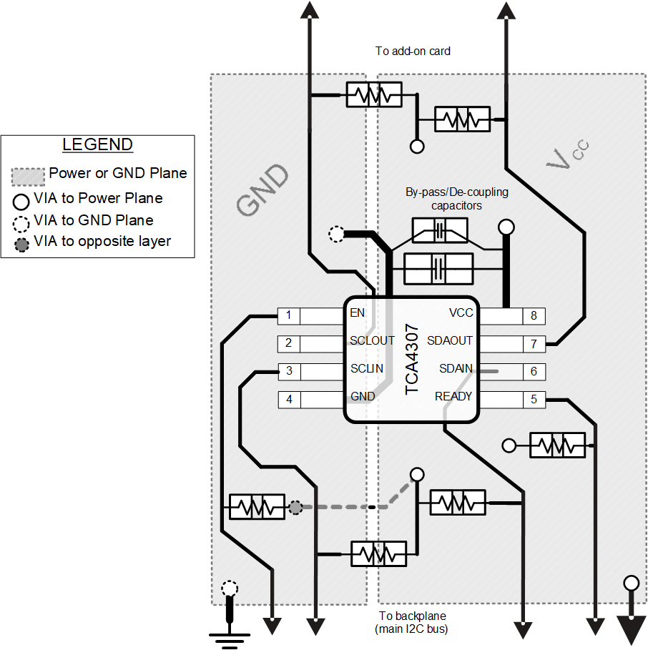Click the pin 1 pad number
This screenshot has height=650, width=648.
point(288,315)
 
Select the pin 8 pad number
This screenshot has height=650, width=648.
point(534,315)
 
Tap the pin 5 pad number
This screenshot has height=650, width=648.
point(534,399)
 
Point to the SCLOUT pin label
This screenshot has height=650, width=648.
point(372,340)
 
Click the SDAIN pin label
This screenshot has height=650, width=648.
point(456,368)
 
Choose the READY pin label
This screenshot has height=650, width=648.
point(453,396)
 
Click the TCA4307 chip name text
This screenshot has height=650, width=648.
point(413,359)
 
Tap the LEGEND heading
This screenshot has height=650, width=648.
point(97,144)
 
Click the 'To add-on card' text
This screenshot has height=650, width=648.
point(413,51)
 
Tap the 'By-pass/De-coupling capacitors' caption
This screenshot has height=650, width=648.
point(456,198)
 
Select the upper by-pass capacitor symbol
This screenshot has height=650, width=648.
point(440,230)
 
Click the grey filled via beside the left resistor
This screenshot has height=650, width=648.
point(295,507)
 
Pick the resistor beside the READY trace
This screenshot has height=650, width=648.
point(557,445)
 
